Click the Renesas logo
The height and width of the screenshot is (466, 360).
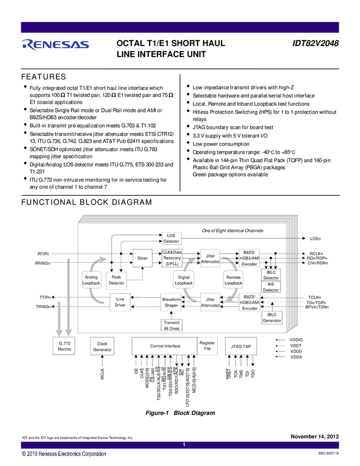56,43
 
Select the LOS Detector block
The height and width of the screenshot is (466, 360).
172,238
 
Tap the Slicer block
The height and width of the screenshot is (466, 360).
142,258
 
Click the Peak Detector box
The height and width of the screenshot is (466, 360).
116,280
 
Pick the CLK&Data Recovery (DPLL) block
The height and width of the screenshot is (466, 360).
172,258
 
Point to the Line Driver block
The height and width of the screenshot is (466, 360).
120,302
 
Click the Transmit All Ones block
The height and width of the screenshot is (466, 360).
172,325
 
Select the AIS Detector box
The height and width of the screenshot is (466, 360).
271,287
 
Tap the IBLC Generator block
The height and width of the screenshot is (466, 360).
272,317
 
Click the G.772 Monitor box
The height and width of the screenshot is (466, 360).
65,346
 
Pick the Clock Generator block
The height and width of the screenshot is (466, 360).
102,346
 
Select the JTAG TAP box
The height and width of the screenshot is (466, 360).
241,346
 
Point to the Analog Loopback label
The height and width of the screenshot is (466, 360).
92,280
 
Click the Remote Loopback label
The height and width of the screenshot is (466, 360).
233,280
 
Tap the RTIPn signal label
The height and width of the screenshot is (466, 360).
44,254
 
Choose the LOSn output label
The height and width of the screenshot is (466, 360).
315,238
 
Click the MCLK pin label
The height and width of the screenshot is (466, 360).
102,374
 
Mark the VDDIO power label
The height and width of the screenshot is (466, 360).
296,340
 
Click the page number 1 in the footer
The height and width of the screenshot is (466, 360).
185,445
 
